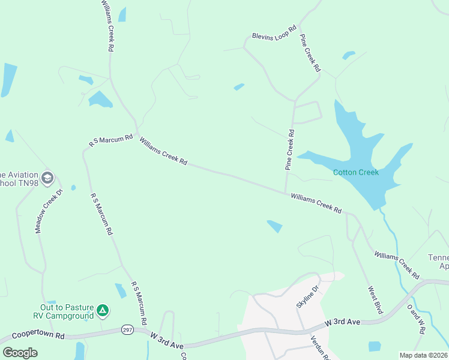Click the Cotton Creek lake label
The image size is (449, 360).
tap(356, 173)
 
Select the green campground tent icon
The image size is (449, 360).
tap(103, 310)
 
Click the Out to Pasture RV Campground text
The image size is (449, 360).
tap(63, 311)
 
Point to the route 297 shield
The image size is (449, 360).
tap(127, 329)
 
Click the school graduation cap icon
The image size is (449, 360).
tap(47, 178)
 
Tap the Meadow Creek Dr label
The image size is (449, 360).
tap(49, 211)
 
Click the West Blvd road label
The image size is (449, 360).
tap(375, 300)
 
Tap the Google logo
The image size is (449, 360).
tap(20, 353)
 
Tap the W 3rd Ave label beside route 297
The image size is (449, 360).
tap(167, 340)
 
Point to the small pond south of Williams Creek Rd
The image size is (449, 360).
tap(274, 226)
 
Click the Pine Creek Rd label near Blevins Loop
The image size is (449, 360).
tap(310, 53)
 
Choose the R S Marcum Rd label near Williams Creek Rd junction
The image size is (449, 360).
tap(110, 141)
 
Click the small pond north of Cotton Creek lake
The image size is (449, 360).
tap(348, 56)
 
